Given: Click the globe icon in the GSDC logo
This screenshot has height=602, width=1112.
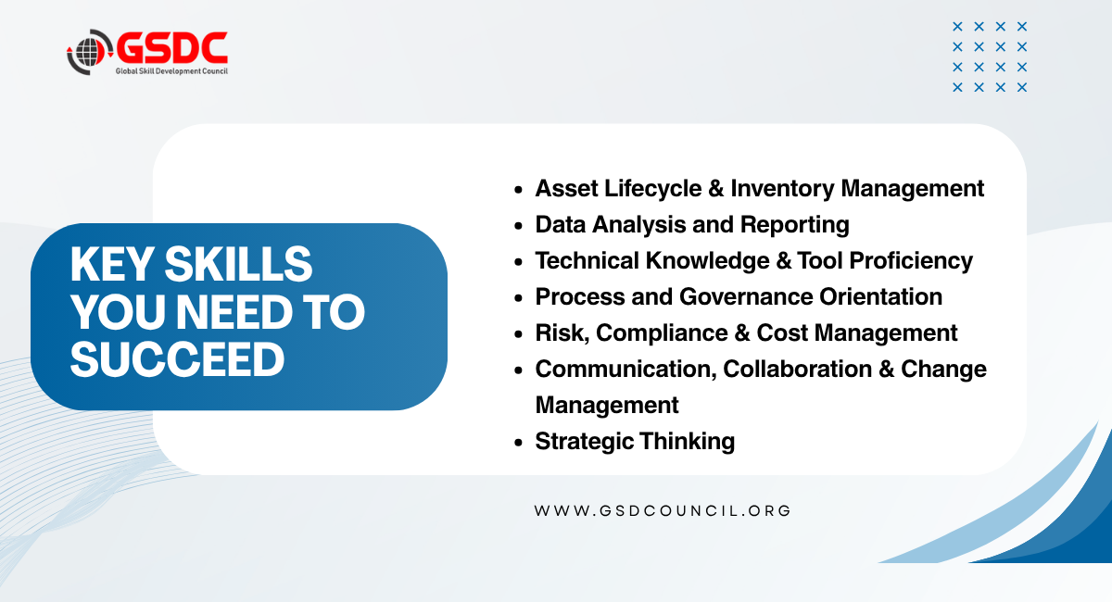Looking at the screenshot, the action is pyautogui.click(x=88, y=52).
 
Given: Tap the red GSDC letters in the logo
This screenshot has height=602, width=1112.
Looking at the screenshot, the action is pyautogui.click(x=171, y=49).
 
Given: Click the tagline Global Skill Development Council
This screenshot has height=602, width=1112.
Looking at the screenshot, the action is pyautogui.click(x=171, y=71).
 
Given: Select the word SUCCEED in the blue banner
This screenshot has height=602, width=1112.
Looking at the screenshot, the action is pyautogui.click(x=177, y=358).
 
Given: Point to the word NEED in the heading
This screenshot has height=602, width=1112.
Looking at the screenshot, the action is pyautogui.click(x=234, y=312).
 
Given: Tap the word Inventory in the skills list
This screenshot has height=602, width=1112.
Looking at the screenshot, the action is pyautogui.click(x=782, y=189).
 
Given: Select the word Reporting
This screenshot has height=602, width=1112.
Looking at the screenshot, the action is pyautogui.click(x=794, y=225).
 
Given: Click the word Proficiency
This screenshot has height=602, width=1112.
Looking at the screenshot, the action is pyautogui.click(x=911, y=261).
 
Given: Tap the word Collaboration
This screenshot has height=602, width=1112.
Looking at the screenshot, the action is pyautogui.click(x=797, y=369).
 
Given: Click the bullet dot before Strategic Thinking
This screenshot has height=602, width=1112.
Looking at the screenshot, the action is pyautogui.click(x=519, y=442).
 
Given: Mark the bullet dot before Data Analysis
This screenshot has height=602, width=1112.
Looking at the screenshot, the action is pyautogui.click(x=519, y=226).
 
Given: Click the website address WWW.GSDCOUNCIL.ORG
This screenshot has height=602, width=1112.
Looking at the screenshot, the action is pyautogui.click(x=663, y=510).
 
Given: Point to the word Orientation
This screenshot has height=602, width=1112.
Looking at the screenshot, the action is pyautogui.click(x=880, y=296).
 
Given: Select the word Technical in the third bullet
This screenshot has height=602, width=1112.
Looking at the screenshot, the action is pyautogui.click(x=587, y=261).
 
